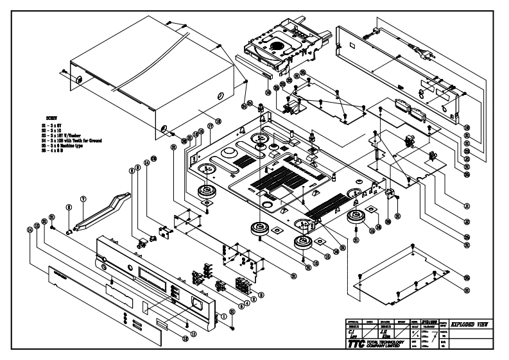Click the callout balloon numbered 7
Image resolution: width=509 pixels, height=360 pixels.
(x=82, y=200)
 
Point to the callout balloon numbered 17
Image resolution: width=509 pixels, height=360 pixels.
(x=209, y=127)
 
